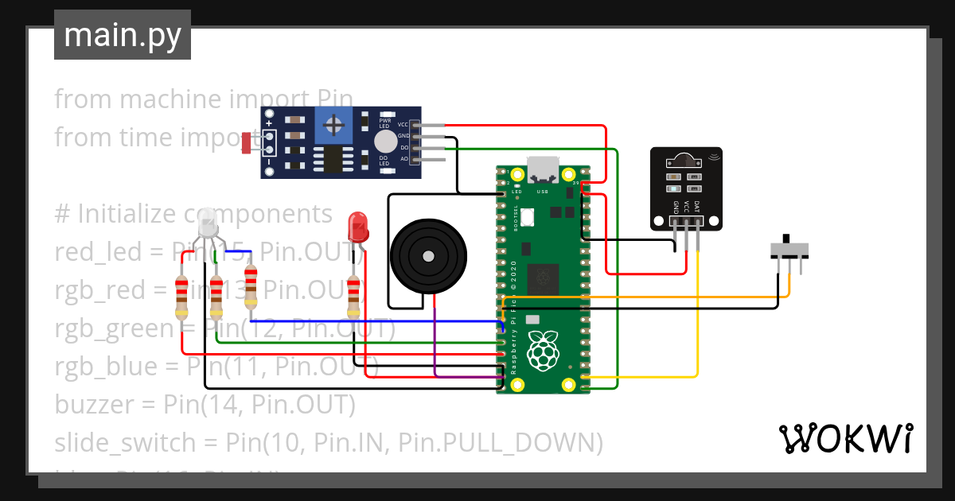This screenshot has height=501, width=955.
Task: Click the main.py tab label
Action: pyautogui.click(x=122, y=36)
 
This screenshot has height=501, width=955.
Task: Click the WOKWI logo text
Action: pyautogui.click(x=844, y=438)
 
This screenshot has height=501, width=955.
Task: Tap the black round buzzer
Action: pyautogui.click(x=427, y=256)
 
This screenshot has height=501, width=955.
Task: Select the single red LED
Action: pyautogui.click(x=358, y=226)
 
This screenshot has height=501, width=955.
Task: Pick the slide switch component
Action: pyautogui.click(x=792, y=250)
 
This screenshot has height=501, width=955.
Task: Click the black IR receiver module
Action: pyautogui.click(x=686, y=188)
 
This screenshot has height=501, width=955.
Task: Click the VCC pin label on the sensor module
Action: pyautogui.click(x=403, y=125)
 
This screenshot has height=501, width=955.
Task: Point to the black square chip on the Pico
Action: pyautogui.click(x=545, y=276)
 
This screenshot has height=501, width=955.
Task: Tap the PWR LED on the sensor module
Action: pyautogui.click(x=384, y=116)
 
